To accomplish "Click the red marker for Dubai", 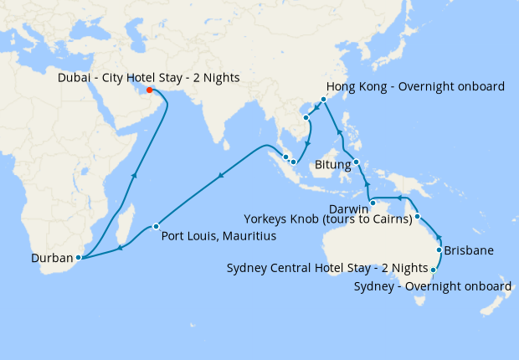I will pyautogui.click(x=149, y=90).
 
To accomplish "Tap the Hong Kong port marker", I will pyautogui.click(x=323, y=99).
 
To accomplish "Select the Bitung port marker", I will pyautogui.click(x=357, y=162).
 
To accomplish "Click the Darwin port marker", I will pyautogui.click(x=373, y=203).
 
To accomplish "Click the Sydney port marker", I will pyautogui.click(x=433, y=270).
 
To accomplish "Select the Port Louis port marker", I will pyautogui.click(x=156, y=226).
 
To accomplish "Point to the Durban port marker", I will pyautogui.click(x=78, y=259).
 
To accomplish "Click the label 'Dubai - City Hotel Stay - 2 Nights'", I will pyautogui.click(x=149, y=78).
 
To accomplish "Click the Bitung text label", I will pyautogui.click(x=332, y=166).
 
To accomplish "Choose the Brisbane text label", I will pyautogui.click(x=470, y=250).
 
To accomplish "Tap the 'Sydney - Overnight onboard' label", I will pyautogui.click(x=432, y=286).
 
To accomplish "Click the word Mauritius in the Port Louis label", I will pyautogui.click(x=247, y=237).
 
